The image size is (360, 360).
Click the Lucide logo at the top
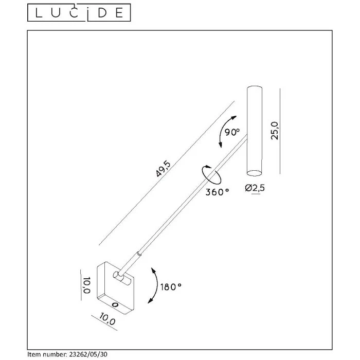(79, 13)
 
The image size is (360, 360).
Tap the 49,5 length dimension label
(163, 169)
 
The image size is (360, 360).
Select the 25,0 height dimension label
(275, 131)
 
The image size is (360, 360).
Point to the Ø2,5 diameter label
(255, 188)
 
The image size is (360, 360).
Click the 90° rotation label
(232, 132)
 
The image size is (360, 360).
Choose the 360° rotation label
(217, 192)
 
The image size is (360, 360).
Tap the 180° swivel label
(171, 287)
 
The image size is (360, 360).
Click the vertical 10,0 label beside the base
(86, 285)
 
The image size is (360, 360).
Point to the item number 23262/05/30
(87, 354)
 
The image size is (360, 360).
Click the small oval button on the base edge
(115, 304)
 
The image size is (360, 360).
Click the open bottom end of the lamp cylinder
(254, 173)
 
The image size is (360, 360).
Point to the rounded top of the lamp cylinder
(255, 88)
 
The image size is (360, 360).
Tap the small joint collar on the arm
(139, 254)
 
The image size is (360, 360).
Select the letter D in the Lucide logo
(103, 13)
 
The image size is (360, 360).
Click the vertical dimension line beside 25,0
(280, 131)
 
